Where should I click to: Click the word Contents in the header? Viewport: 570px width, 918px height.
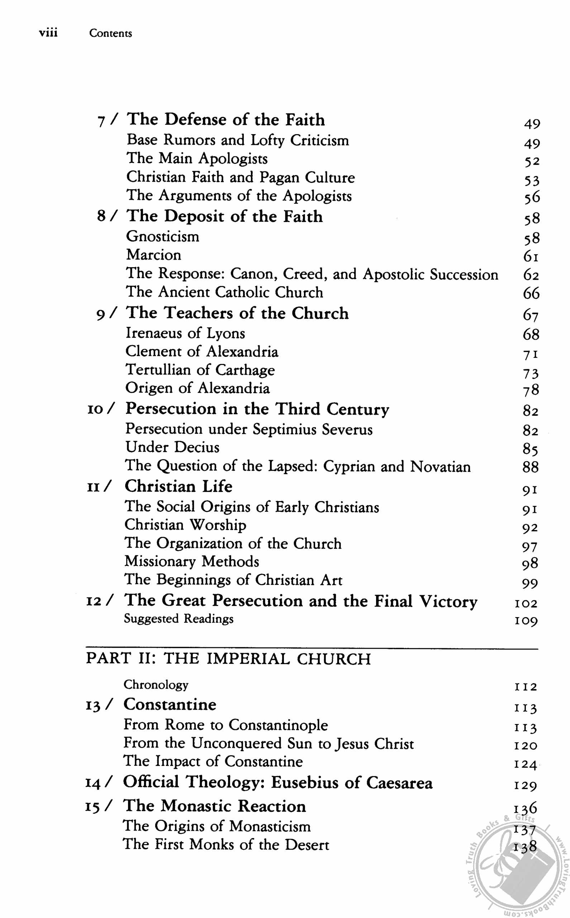pos(110,33)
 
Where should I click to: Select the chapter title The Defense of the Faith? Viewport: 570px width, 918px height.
pos(225,119)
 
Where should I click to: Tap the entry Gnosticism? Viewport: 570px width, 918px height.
pos(162,236)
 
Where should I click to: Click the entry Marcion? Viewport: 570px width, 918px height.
pos(153,255)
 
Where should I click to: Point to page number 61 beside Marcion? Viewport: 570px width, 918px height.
pos(531,256)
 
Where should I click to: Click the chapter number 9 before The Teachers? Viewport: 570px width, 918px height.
pos(100,314)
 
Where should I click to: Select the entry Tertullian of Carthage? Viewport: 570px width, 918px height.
pos(200,370)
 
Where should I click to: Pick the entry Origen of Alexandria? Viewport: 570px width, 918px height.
pos(198,388)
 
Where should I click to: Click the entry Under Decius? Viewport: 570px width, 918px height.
pos(172,447)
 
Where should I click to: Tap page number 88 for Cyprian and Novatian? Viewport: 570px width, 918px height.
pos(531,467)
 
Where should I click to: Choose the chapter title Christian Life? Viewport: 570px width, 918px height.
pos(178,486)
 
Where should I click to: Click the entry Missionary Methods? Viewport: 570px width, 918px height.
pos(192,561)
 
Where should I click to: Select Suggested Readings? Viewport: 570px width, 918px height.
pos(179,619)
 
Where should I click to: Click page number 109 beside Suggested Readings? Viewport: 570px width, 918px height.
pos(526,620)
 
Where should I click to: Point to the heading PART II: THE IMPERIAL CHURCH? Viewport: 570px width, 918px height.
pos(228,659)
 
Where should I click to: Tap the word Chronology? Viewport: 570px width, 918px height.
pos(156,685)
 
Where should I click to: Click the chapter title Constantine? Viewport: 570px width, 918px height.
pos(170,705)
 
